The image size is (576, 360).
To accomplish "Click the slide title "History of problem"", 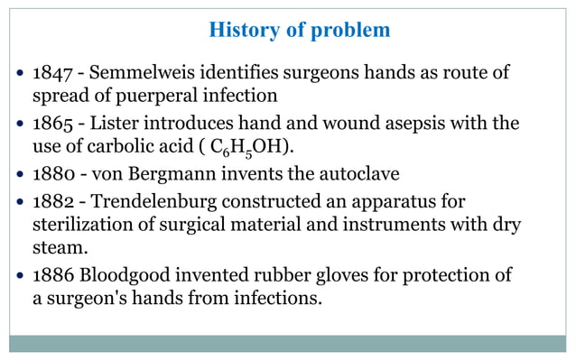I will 299,30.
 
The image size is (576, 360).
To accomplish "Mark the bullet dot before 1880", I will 21,174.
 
